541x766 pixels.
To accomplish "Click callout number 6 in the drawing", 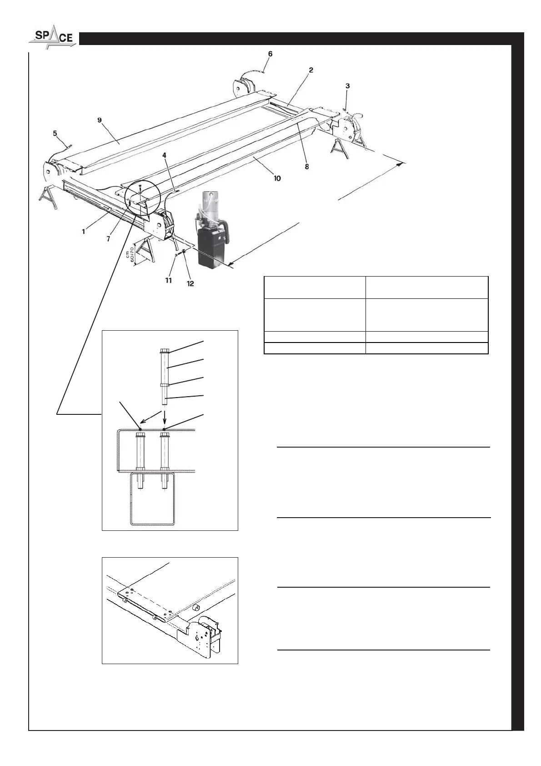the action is pos(270,54).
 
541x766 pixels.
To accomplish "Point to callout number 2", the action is pos(311,70).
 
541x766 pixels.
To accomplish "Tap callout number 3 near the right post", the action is pos(348,86).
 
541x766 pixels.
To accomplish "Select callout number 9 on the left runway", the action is pos(100,120).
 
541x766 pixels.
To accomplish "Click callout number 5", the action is pos(55,133).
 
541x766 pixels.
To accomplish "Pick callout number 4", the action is pos(165,155).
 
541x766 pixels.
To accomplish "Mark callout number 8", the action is pos(307,167).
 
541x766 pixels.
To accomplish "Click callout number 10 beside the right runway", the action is pos(277,178).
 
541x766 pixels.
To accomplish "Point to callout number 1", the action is pos(84,232).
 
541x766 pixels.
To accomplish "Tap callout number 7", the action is pos(108,239).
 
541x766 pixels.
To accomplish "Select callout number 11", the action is pos(168,281).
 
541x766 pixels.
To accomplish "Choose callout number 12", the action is pos(190,283).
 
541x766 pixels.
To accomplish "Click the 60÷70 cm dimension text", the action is pos(130,255).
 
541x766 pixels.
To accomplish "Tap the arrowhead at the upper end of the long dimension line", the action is pos(401,164).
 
